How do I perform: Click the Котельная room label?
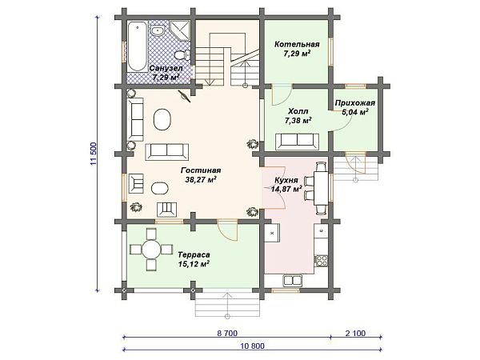[297, 44]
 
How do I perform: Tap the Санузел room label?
[166, 68]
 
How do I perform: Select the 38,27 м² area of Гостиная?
[201, 180]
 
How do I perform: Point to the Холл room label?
[298, 111]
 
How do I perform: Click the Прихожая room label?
[354, 103]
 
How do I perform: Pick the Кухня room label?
[286, 180]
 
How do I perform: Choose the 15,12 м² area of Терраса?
[194, 264]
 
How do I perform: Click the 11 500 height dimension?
[94, 154]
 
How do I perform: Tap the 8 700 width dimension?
[227, 333]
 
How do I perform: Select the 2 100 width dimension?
[355, 333]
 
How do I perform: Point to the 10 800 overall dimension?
[252, 346]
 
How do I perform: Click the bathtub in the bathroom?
[137, 46]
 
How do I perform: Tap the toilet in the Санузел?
[182, 55]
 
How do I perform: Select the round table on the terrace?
[151, 249]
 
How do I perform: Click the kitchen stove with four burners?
[322, 261]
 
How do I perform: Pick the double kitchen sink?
[293, 281]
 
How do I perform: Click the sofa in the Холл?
[297, 142]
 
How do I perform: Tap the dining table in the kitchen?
[321, 188]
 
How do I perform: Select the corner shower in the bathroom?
[180, 30]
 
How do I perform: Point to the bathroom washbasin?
[158, 30]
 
